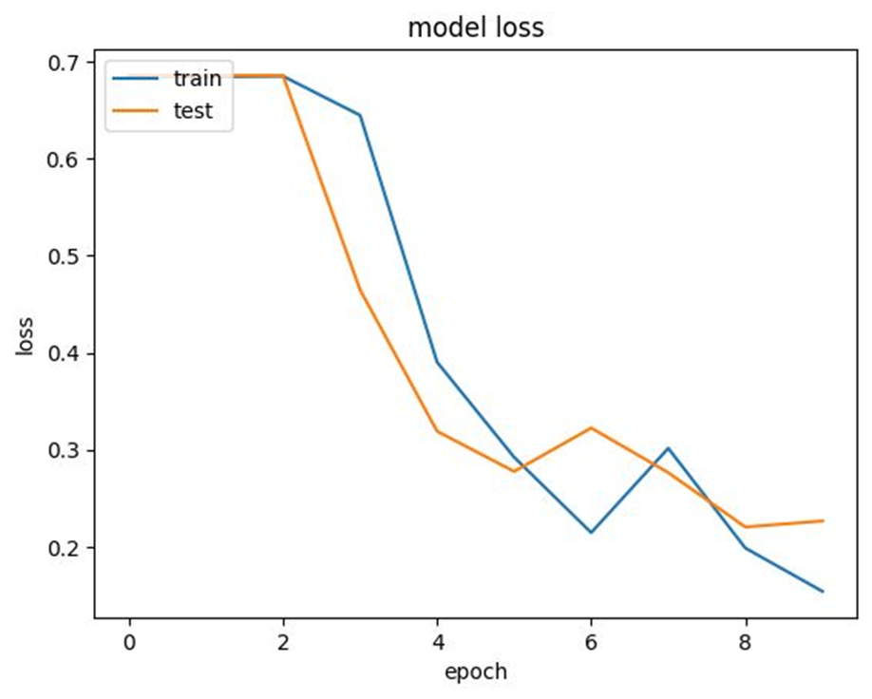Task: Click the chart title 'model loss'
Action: click(x=475, y=28)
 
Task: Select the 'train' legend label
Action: click(x=197, y=78)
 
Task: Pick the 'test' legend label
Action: click(x=193, y=111)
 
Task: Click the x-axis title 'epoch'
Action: click(x=475, y=671)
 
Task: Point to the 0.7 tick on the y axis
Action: click(x=66, y=63)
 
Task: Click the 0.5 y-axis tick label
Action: click(x=66, y=256)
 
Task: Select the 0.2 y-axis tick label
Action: click(x=66, y=548)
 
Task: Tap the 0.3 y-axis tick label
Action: click(x=66, y=450)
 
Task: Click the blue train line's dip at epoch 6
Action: click(x=591, y=532)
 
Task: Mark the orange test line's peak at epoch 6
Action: click(x=591, y=427)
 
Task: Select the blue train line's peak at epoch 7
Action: click(x=669, y=447)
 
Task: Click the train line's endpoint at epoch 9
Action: click(x=823, y=592)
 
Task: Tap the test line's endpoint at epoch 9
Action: click(x=823, y=520)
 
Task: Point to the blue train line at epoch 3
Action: click(x=360, y=115)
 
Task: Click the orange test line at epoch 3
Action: click(x=360, y=289)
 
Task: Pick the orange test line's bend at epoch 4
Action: click(x=437, y=431)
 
